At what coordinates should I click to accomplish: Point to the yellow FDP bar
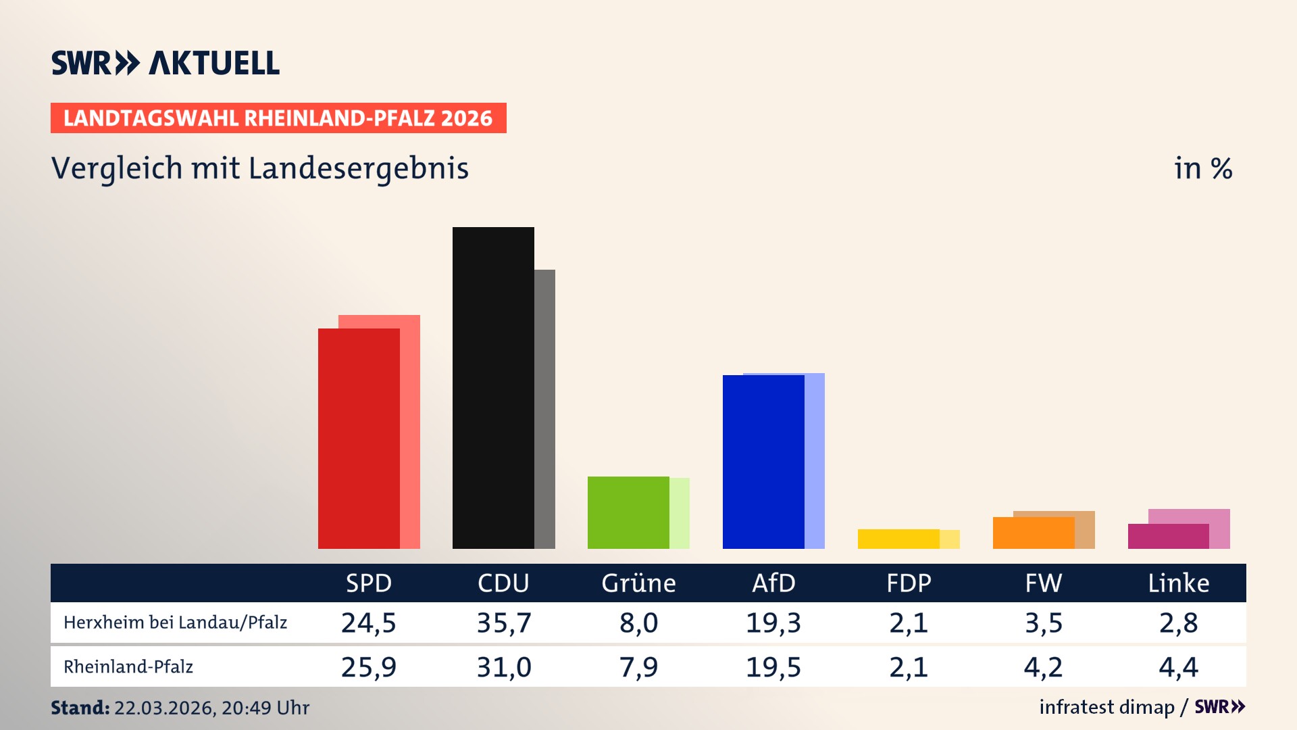[x=898, y=539]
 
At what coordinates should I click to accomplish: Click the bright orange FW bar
[x=1034, y=533]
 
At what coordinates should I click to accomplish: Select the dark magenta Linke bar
[x=1169, y=536]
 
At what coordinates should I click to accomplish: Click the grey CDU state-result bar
[x=545, y=409]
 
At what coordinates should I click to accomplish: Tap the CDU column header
[x=503, y=583]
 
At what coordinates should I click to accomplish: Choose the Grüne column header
[x=638, y=583]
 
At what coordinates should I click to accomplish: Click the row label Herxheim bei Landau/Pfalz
[x=175, y=623]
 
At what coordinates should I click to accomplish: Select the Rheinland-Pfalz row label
[x=128, y=667]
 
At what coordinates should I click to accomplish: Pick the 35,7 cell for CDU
[x=504, y=623]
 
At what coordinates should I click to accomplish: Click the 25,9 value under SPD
[x=368, y=667]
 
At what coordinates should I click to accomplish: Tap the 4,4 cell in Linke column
[x=1178, y=667]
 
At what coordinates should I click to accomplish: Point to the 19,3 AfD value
[x=773, y=623]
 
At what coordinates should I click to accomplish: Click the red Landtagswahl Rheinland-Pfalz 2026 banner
[x=278, y=118]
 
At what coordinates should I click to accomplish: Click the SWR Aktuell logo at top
[x=166, y=63]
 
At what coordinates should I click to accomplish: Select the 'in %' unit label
[x=1202, y=168]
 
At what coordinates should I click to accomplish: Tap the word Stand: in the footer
[x=80, y=708]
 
